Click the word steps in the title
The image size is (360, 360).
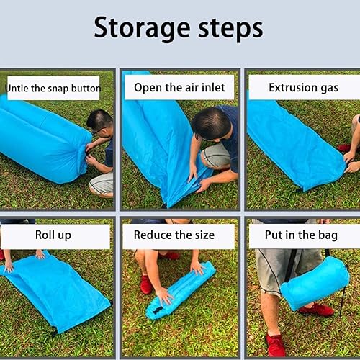pyautogui.click(x=229, y=30)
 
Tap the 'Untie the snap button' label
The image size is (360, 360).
pyautogui.click(x=53, y=89)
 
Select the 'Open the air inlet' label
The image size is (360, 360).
pyautogui.click(x=179, y=88)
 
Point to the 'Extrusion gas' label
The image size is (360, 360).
pyautogui.click(x=303, y=88)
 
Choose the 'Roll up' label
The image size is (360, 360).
pyautogui.click(x=53, y=235)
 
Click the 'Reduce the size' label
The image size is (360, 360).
pyautogui.click(x=179, y=235)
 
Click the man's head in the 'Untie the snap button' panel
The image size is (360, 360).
pyautogui.click(x=100, y=122)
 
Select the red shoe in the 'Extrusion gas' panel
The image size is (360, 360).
pyautogui.click(x=345, y=148)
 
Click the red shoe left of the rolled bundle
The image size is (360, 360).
pyautogui.click(x=146, y=284)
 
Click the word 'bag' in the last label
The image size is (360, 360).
pyautogui.click(x=328, y=235)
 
